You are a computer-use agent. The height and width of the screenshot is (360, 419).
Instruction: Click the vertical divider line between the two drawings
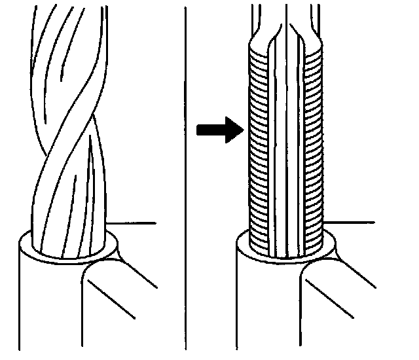187,177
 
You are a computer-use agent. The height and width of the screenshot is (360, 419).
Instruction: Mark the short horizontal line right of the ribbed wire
350,223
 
